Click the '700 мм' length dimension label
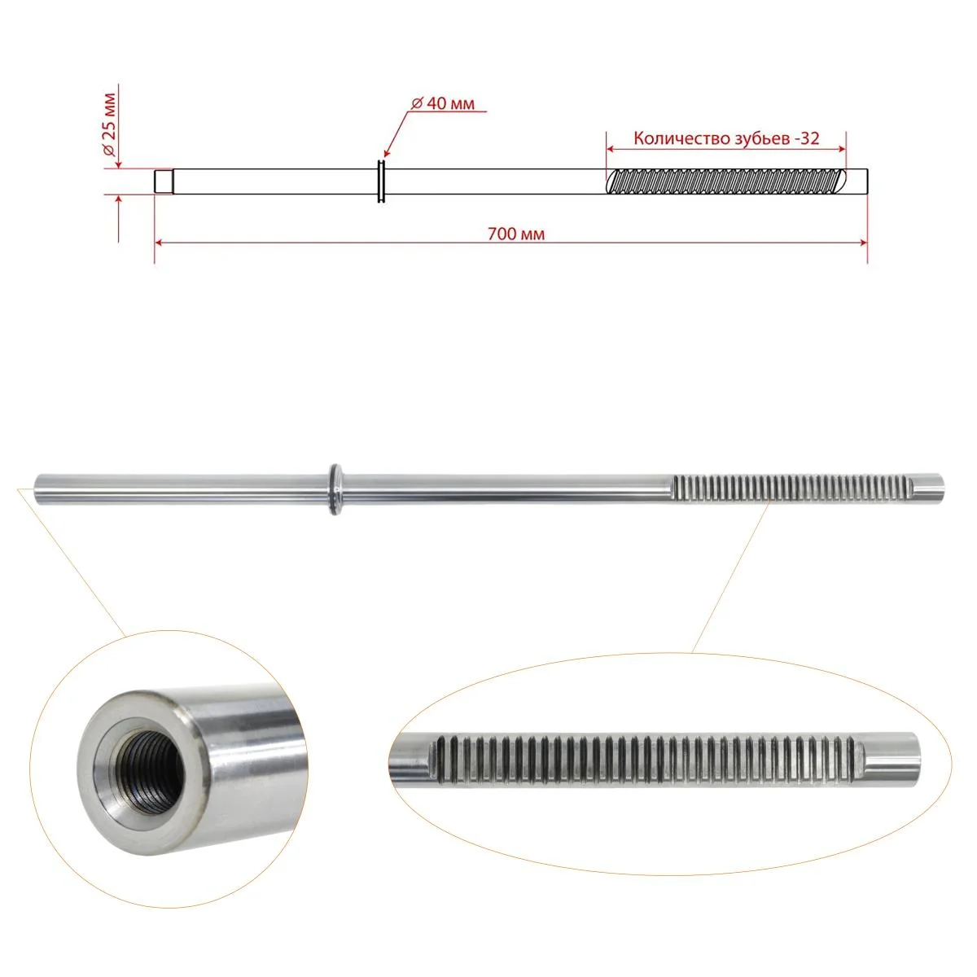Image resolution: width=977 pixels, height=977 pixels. pyautogui.click(x=515, y=234)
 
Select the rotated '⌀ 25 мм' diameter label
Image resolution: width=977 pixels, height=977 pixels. pyautogui.click(x=110, y=125)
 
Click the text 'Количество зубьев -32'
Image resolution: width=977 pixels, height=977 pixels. pyautogui.click(x=726, y=138)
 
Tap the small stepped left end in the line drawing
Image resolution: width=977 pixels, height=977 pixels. pyautogui.click(x=164, y=182)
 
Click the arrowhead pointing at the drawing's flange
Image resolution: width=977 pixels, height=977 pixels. pyautogui.click(x=387, y=154)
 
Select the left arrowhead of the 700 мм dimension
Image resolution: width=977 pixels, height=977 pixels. pyautogui.click(x=158, y=243)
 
